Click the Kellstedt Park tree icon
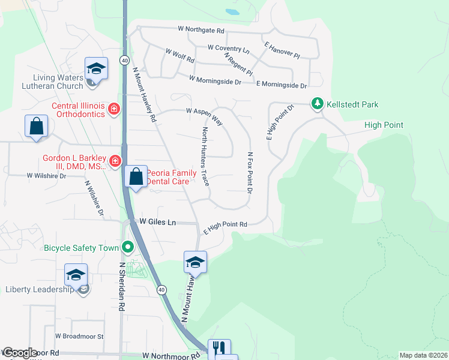317,104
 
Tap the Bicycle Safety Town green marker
127,247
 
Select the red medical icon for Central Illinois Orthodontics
114,109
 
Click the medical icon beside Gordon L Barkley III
114,161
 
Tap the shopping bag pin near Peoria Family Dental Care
136,177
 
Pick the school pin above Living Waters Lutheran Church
95,68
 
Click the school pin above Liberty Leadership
76,274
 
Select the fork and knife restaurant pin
219,348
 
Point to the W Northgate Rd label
201,30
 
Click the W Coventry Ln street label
228,47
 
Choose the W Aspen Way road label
204,116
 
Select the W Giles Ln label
158,222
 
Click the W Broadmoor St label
79,337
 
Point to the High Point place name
384,125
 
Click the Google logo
19,353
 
